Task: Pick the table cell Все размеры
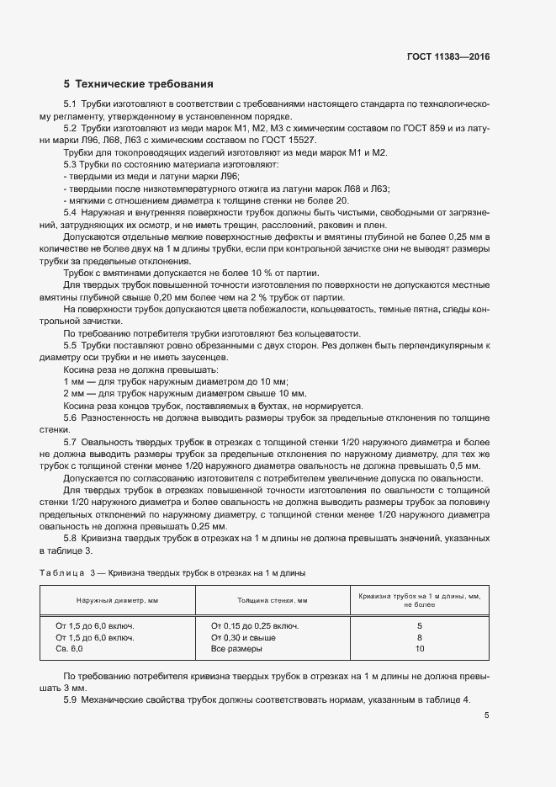pos(236,649)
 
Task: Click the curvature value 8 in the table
pos(420,637)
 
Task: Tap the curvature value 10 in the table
pos(420,649)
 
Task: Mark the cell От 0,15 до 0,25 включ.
pos(255,625)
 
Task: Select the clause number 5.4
pos(71,214)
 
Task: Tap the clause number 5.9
pos(71,700)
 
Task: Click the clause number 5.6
pos(71,417)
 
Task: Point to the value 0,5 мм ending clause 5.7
pos(466,465)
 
